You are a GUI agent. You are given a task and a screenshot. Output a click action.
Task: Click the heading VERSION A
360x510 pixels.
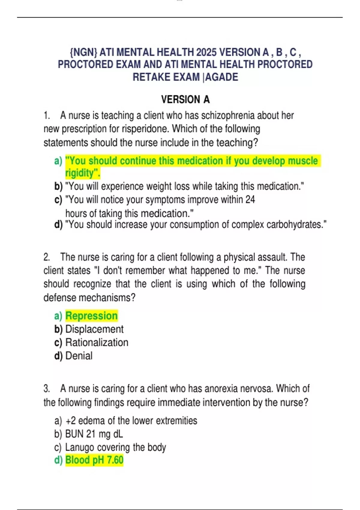185,99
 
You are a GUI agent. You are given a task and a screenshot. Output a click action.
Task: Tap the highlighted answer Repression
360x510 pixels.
91,316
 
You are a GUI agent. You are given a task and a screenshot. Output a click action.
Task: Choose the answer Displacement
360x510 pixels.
94,329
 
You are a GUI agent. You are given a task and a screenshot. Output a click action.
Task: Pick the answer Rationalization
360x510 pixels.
97,342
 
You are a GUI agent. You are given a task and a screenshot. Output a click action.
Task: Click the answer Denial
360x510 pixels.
79,356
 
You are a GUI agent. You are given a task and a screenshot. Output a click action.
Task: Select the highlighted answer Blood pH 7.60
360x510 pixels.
94,460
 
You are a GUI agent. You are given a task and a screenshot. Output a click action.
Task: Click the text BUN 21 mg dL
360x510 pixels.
94,434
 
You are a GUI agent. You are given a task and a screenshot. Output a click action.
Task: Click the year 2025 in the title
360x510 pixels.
206,52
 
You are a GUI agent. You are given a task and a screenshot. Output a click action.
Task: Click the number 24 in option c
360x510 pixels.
250,199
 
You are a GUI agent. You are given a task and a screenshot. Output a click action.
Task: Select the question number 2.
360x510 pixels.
46,257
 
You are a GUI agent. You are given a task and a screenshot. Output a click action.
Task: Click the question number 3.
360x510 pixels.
46,389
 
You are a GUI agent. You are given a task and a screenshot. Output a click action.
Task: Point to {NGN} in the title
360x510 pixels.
83,52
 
